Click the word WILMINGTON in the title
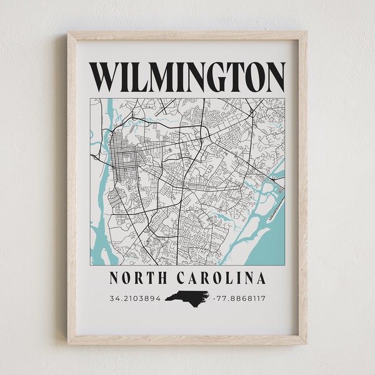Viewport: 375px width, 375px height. [x=187, y=77]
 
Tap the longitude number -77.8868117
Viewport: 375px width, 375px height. [x=239, y=297]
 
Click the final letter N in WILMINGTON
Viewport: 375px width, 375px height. [x=274, y=77]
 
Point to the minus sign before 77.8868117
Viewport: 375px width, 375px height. [x=214, y=297]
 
